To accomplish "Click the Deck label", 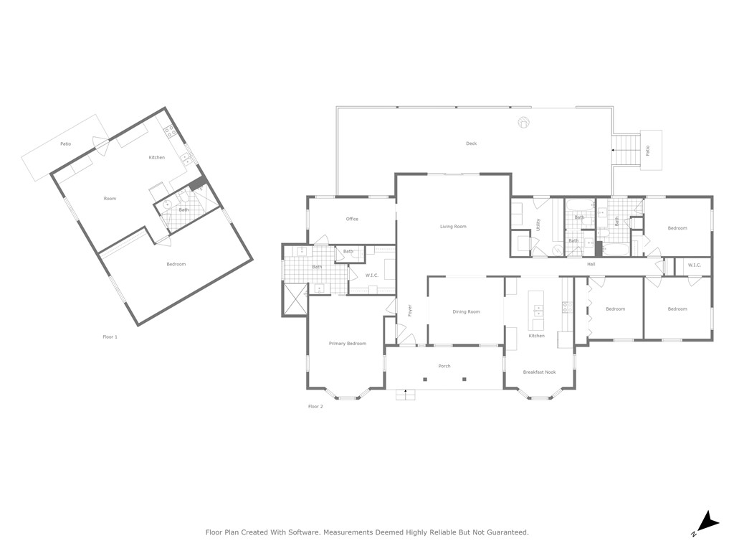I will [x=471, y=143].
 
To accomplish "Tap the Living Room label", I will [x=453, y=227].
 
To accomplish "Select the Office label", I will [x=352, y=219].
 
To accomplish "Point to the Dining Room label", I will [x=466, y=311].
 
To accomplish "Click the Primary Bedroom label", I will [x=347, y=344].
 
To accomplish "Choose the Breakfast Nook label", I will [x=539, y=372].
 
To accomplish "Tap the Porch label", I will [x=444, y=366].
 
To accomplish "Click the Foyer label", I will [x=410, y=311].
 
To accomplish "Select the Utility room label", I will [x=538, y=225].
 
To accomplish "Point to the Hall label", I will [x=591, y=264].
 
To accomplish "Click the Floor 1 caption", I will [x=110, y=336].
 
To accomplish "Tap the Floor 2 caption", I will [x=315, y=407].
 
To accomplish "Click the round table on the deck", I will [x=524, y=123].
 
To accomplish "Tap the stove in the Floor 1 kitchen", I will [x=171, y=131].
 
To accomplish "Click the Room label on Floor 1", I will [x=110, y=199].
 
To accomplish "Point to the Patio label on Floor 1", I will [x=66, y=144].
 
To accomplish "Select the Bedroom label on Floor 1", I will [x=176, y=264].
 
